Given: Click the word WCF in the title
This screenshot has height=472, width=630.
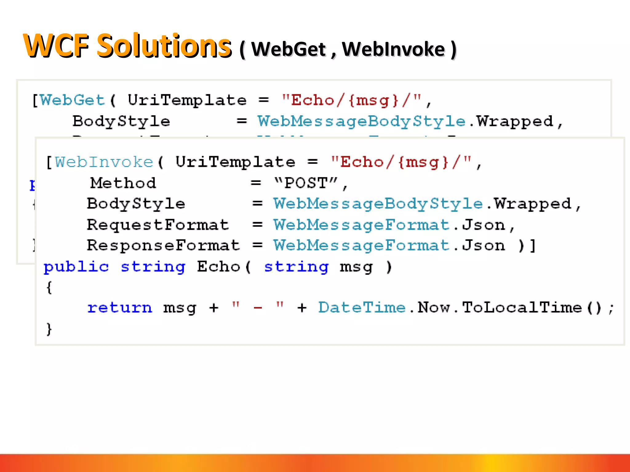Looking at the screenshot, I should pyautogui.click(x=56, y=46).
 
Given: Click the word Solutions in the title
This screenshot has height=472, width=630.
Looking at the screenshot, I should pyautogui.click(x=164, y=46).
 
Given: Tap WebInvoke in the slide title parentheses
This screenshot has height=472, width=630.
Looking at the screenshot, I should pyautogui.click(x=393, y=49).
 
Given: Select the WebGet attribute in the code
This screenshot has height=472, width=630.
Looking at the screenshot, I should pyautogui.click(x=73, y=100).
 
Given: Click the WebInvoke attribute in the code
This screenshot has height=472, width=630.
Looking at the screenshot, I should pyautogui.click(x=104, y=162).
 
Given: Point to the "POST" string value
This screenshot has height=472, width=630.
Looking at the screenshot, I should pyautogui.click(x=306, y=183).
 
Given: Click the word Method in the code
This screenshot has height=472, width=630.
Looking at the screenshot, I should pyautogui.click(x=123, y=183).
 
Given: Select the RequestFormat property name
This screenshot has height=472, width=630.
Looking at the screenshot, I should pyautogui.click(x=158, y=225).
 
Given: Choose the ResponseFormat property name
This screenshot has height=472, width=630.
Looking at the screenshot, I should pyautogui.click(x=163, y=245).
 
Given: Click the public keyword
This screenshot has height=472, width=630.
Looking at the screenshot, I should pyautogui.click(x=76, y=266).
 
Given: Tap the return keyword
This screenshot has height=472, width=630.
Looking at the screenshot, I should pyautogui.click(x=120, y=307).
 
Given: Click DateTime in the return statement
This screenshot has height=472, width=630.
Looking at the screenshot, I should pyautogui.click(x=362, y=307).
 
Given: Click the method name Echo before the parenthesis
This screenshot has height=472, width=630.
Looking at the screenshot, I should pyautogui.click(x=218, y=266).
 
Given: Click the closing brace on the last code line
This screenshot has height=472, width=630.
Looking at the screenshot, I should pyautogui.click(x=49, y=329).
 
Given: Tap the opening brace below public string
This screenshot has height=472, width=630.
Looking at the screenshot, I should pyautogui.click(x=49, y=288).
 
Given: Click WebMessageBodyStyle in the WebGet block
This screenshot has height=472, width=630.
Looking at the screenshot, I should pyautogui.click(x=361, y=121).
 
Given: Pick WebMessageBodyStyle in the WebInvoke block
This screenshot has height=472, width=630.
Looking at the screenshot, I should pyautogui.click(x=378, y=204).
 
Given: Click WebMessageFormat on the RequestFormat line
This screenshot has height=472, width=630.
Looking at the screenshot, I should pyautogui.click(x=362, y=225).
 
